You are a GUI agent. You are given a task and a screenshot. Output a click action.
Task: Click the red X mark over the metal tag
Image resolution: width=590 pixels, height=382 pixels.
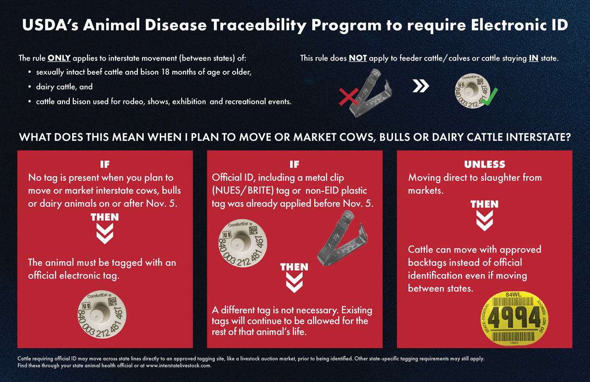pyautogui.click(x=349, y=97)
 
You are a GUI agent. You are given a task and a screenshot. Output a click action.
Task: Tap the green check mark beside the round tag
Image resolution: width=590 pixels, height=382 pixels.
pyautogui.click(x=489, y=97)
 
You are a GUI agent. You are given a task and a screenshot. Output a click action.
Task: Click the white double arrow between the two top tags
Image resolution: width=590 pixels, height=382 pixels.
pyautogui.click(x=421, y=86)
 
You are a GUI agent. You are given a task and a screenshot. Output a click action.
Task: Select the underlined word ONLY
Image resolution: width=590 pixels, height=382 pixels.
pyautogui.click(x=59, y=58)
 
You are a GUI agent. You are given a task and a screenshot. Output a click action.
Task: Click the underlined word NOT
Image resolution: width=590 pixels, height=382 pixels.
pyautogui.click(x=358, y=58)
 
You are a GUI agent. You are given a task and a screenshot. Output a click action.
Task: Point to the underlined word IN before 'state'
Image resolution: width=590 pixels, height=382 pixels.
pyautogui.click(x=533, y=58)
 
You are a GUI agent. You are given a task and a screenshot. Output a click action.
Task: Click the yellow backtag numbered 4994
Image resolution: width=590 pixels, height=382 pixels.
pyautogui.click(x=514, y=318)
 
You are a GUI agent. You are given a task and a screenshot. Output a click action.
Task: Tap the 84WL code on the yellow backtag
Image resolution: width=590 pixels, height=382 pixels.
pyautogui.click(x=513, y=294)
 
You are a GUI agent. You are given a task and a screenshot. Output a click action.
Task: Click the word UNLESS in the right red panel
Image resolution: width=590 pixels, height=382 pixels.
pyautogui.click(x=485, y=164)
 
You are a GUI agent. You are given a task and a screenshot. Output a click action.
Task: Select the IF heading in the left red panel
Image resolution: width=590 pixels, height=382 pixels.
pyautogui.click(x=105, y=164)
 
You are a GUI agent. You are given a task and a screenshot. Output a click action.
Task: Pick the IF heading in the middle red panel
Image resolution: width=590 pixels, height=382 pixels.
pyautogui.click(x=295, y=164)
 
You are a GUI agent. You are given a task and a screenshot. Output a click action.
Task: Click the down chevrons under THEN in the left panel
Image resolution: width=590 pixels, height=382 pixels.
pyautogui.click(x=105, y=233)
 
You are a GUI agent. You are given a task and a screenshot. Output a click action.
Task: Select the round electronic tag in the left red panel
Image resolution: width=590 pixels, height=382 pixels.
pyautogui.click(x=102, y=316)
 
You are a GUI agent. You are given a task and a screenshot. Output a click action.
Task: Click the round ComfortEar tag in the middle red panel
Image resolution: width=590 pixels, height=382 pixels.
pyautogui.click(x=242, y=243)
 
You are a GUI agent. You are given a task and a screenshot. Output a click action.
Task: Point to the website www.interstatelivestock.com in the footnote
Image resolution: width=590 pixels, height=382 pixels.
pyautogui.click(x=178, y=366)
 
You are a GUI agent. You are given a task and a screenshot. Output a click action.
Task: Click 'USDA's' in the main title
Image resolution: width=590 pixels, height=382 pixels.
pyautogui.click(x=50, y=25)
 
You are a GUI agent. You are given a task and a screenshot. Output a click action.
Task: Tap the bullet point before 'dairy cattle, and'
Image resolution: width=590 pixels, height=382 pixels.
pyautogui.click(x=29, y=87)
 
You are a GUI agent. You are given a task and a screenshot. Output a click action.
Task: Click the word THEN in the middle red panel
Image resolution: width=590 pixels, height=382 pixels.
pyautogui.click(x=294, y=267)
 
